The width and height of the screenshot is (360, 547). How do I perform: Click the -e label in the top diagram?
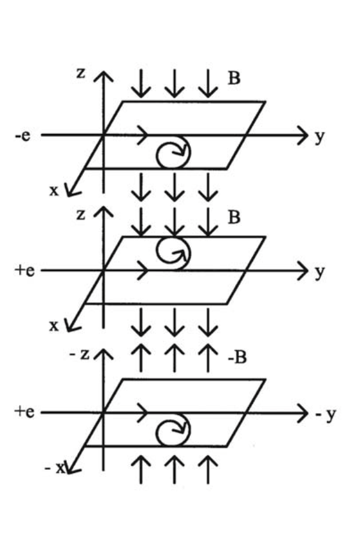23,135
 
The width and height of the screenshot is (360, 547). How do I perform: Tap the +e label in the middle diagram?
24,270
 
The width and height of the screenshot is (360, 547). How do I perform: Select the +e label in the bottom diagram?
24,412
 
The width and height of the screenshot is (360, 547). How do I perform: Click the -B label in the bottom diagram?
237,357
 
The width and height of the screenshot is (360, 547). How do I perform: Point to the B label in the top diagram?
234,78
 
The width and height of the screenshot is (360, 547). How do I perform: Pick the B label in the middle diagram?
234,217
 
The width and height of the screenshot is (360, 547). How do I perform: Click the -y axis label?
326,415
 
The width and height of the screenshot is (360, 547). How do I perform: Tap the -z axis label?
80,354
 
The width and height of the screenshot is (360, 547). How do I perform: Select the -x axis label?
55,468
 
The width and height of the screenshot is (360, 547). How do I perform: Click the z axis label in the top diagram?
80,73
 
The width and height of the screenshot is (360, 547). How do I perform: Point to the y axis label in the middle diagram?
320,272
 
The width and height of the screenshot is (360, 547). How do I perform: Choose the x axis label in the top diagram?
54,191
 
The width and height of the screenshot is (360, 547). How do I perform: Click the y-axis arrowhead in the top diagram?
303,135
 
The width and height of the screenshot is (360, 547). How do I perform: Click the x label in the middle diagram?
54,326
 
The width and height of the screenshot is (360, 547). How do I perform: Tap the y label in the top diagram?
320,138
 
